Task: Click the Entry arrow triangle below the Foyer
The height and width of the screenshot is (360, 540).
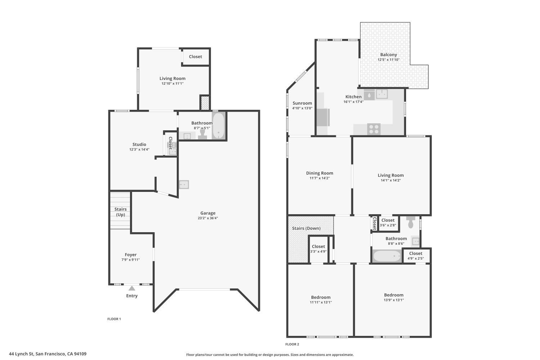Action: [x=132, y=288]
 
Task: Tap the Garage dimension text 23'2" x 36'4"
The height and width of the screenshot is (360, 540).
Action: [x=208, y=218]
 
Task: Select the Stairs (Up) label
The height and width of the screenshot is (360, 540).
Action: [x=121, y=212]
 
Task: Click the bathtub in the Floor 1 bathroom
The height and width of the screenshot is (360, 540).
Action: [x=219, y=126]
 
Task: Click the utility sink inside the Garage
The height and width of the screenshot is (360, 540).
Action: [x=184, y=185]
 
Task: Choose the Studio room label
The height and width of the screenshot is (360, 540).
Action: [x=139, y=144]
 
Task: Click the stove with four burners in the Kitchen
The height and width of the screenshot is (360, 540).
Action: [x=374, y=129]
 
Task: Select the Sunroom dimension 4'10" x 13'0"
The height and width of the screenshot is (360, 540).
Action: [x=302, y=108]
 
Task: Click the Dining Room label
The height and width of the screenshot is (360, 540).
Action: [x=320, y=173]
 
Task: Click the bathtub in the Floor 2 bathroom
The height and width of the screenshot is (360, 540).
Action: [x=387, y=256]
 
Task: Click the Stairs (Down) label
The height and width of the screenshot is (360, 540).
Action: [x=306, y=228]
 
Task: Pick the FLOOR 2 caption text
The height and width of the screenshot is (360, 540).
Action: [x=292, y=344]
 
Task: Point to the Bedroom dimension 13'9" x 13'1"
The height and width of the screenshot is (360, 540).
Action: [x=394, y=300]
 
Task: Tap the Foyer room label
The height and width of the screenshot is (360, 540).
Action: [x=131, y=255]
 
